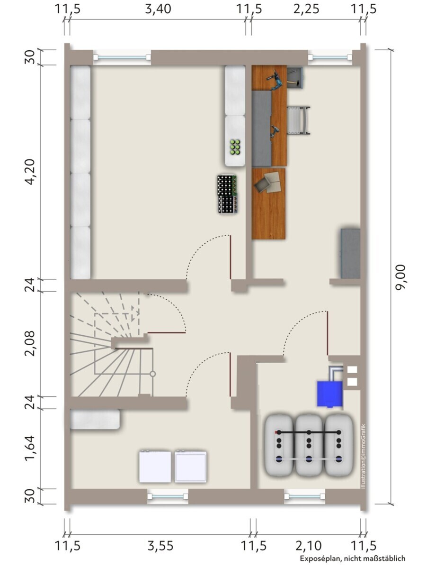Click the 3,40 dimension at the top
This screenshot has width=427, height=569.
point(158,9)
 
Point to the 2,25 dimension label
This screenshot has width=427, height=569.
point(306,9)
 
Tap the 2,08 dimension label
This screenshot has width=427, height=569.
point(30,343)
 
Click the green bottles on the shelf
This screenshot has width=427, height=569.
point(235,147)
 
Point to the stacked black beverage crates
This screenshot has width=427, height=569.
point(227,194)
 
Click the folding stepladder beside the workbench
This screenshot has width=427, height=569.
point(299,120)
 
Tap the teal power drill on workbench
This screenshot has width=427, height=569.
point(276,80)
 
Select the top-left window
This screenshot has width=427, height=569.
point(122,57)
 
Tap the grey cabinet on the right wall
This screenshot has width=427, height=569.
point(351,253)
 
